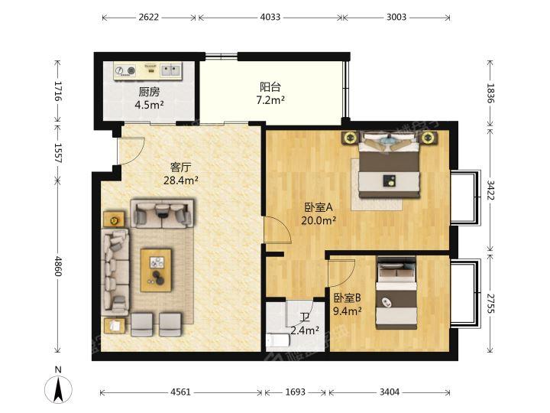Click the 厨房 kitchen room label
pos(150,93)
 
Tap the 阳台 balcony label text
pos(270,87)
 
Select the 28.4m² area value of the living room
pos(180,180)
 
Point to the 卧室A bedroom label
pos(318,207)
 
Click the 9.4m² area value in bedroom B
pos(348,311)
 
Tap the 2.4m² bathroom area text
pos(305,330)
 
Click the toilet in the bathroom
pos(278,340)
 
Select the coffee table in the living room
pos(156,270)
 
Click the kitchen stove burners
pos(125,70)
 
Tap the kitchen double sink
pos(171,70)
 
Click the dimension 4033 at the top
pos(270,17)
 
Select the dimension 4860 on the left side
pos(58,266)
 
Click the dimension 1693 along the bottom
pos(295,392)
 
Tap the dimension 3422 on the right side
pos(490,190)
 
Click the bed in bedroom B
pos(396,293)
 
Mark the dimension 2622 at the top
pos(148,17)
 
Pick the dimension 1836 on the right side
pos(490,93)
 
